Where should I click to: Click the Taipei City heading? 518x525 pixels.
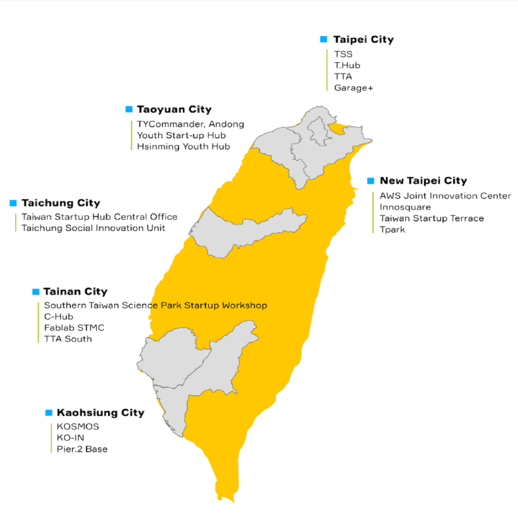(363, 39)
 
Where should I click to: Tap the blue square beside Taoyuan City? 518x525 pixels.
(129, 109)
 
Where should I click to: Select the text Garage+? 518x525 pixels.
(354, 87)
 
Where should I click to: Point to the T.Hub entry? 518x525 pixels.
(347, 65)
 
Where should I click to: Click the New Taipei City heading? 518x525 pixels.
(423, 180)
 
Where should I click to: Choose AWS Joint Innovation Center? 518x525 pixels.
(445, 196)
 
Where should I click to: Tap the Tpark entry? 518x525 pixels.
(393, 230)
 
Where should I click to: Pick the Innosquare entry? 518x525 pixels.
(405, 207)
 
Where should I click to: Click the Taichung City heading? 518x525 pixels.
(61, 202)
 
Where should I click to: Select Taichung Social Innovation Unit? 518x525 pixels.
(93, 228)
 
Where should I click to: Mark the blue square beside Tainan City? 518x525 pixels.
(35, 291)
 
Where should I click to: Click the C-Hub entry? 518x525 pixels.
(58, 317)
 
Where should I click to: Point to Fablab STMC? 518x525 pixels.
(74, 328)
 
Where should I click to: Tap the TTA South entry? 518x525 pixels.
(68, 339)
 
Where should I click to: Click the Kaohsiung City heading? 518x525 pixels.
(100, 413)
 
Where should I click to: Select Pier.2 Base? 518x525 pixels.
(82, 449)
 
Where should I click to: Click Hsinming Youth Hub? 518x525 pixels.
(184, 146)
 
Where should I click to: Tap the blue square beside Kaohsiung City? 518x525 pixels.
(49, 413)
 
